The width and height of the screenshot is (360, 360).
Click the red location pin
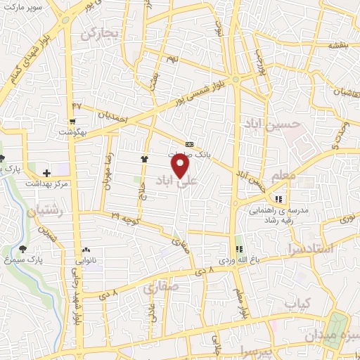pos(181,166)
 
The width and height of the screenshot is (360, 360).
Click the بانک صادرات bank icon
pos(189,143)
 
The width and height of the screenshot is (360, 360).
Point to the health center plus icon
pos(47,173)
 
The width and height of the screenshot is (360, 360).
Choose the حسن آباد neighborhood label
pos(272,124)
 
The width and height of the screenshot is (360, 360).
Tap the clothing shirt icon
pos(145,159)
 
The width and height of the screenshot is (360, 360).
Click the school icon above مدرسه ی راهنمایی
pos(278,199)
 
